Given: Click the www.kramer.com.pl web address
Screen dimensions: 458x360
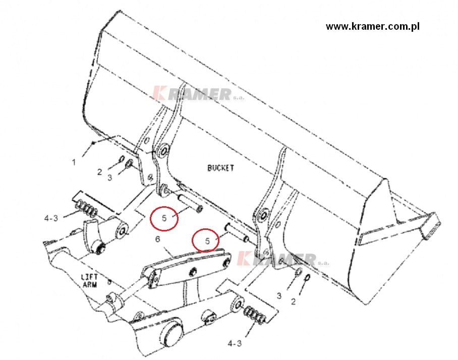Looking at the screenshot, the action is point(373,27).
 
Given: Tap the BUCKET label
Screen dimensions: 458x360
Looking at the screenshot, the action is point(220,168).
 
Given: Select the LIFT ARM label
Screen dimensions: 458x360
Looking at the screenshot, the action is point(89,280).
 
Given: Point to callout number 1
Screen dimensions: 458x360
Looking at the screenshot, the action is point(74,162).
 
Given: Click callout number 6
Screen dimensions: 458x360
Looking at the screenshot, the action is point(158,239).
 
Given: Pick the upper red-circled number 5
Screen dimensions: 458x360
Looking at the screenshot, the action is point(164,218).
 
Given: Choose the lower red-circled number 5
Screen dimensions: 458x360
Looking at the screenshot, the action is point(207,241).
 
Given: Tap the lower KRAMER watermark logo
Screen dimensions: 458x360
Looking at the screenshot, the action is point(283,258).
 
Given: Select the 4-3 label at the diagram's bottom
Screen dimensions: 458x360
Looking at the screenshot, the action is point(235,344).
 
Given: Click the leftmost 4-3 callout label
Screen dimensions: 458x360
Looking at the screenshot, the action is point(51,218).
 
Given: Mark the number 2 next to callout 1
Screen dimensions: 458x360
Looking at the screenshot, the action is point(99,172).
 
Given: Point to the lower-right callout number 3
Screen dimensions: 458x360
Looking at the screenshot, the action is point(279,296).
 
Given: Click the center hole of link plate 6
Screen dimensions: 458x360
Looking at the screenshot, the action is point(193,272).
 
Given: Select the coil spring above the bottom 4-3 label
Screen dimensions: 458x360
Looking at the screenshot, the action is point(256,316).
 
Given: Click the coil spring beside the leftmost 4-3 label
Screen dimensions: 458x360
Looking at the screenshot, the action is point(86,209).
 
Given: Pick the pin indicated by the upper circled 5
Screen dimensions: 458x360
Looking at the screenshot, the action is point(190,202).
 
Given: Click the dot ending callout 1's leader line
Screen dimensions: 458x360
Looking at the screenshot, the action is point(93,143).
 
